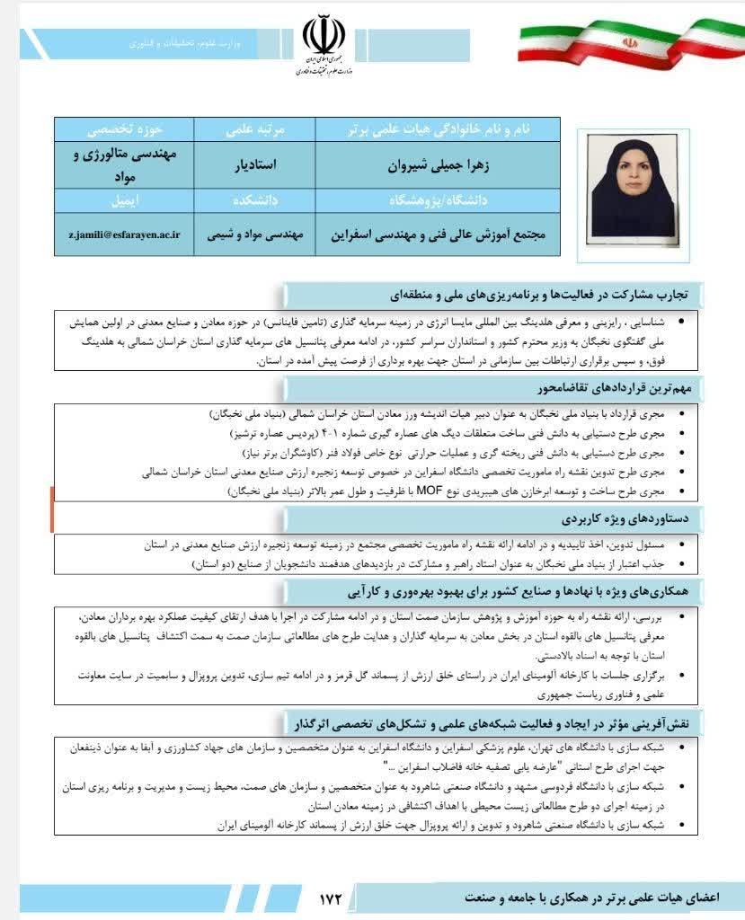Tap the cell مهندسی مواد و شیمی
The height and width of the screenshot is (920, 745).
pyautogui.click(x=255, y=232)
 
